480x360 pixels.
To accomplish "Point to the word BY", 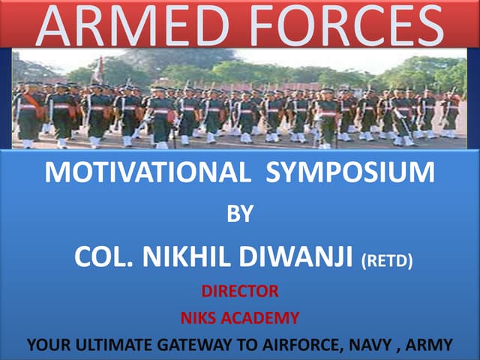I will tap(240, 215).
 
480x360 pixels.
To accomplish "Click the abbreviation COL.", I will tap(102, 257).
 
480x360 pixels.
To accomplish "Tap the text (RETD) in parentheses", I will tap(387, 260).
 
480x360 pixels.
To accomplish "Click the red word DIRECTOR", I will tap(239, 291).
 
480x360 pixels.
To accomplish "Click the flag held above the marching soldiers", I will tap(97, 70).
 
